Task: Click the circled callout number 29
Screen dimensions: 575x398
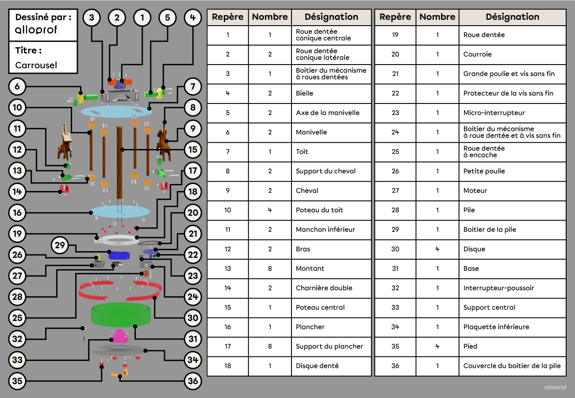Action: (x=60, y=245)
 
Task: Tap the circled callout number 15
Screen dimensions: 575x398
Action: (x=193, y=149)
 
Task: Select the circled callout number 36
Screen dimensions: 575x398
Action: (x=193, y=381)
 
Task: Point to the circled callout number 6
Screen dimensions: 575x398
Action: (x=17, y=87)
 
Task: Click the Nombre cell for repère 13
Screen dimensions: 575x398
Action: (x=270, y=269)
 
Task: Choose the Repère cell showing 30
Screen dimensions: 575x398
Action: (x=395, y=249)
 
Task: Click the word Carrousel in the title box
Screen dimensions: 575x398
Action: (x=36, y=65)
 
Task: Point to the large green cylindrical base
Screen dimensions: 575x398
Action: (x=121, y=314)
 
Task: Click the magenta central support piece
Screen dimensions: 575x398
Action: (x=119, y=336)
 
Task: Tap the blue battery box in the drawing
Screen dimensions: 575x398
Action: (x=119, y=255)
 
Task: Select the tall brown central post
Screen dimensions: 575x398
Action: (x=119, y=162)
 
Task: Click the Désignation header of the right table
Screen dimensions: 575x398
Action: (x=512, y=17)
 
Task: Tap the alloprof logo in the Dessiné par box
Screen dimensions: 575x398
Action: (x=36, y=30)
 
